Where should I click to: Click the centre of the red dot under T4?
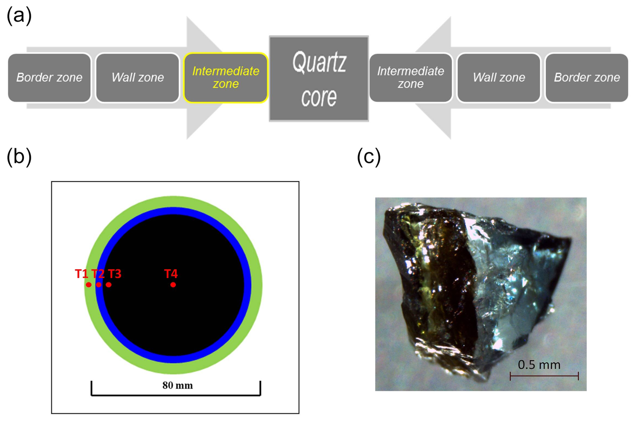[173, 285]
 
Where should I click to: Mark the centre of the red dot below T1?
[89, 285]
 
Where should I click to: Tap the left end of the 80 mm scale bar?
[91, 395]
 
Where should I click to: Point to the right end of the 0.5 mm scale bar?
[578, 376]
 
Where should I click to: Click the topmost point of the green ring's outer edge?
[173, 196]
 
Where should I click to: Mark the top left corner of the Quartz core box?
[269, 36]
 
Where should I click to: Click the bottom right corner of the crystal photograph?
[586, 391]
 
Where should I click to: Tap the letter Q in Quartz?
[299, 63]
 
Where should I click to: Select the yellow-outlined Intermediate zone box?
[226, 77]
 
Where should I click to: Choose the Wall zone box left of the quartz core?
[137, 77]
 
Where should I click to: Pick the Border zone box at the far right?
[587, 77]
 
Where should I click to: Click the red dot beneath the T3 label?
[108, 285]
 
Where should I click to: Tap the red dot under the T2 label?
[99, 285]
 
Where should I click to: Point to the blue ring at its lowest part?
[173, 359]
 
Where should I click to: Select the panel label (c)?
[369, 157]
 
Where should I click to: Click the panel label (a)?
[19, 15]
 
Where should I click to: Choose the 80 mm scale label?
[177, 385]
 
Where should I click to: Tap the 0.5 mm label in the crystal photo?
[539, 365]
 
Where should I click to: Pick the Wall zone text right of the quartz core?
[499, 77]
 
